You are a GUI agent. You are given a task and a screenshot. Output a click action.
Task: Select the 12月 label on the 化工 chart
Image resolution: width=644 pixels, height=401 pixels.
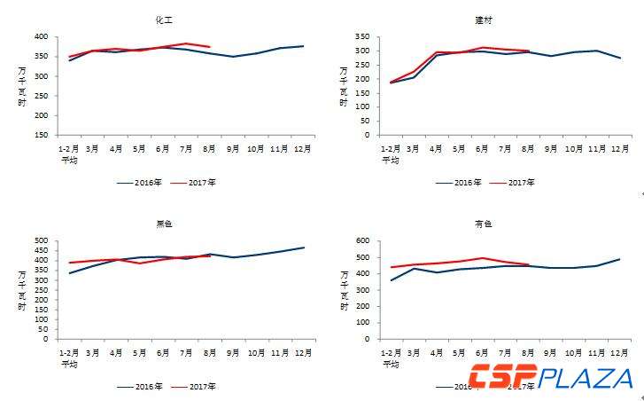[x=303, y=150]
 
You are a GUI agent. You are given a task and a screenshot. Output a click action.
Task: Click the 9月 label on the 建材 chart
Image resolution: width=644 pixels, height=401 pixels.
[x=552, y=150]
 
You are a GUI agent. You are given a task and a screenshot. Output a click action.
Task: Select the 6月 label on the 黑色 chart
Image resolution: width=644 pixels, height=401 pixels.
[x=163, y=353]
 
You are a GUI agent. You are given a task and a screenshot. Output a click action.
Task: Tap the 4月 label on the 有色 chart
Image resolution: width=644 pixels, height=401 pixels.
[x=437, y=353]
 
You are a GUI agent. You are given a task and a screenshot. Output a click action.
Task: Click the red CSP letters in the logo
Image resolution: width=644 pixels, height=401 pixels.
[x=502, y=377]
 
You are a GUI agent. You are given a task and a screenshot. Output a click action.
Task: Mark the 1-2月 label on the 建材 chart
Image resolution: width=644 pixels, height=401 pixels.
[x=391, y=150]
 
